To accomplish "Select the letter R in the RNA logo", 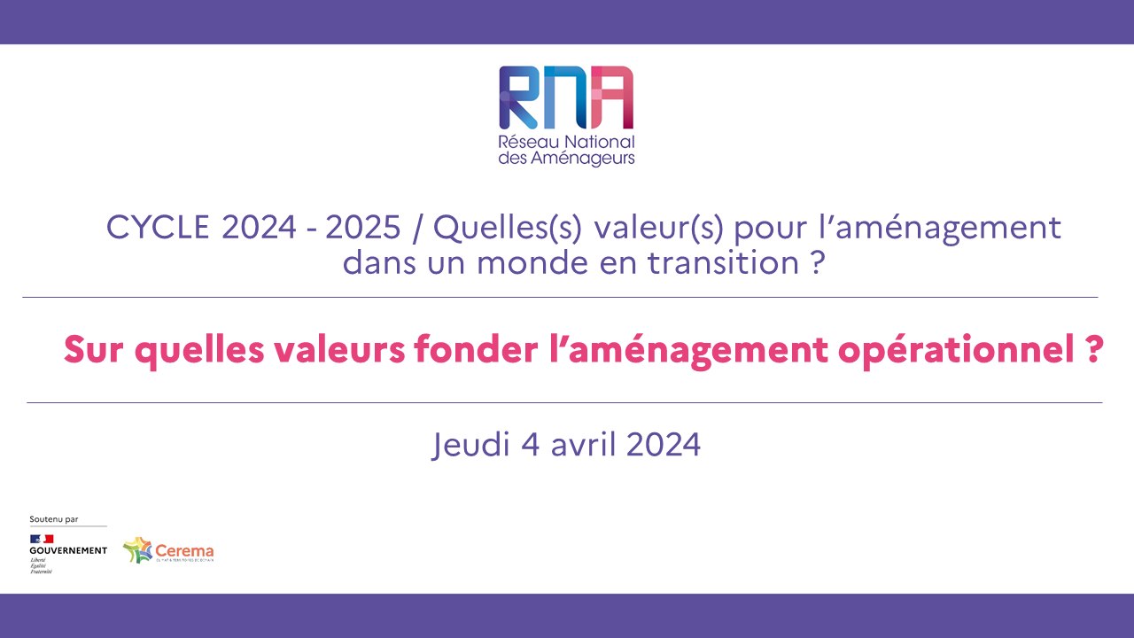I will tap(517, 97).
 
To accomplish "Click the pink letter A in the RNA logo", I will tap(613, 97).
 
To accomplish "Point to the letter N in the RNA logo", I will tap(565, 97).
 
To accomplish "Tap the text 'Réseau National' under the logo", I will tap(566, 142).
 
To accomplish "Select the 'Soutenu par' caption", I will tap(54, 519).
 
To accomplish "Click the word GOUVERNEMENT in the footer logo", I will tap(68, 550).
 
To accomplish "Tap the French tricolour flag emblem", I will tap(42, 538).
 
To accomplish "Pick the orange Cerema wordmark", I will tap(184, 549).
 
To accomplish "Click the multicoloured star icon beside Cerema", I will tap(138, 550).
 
